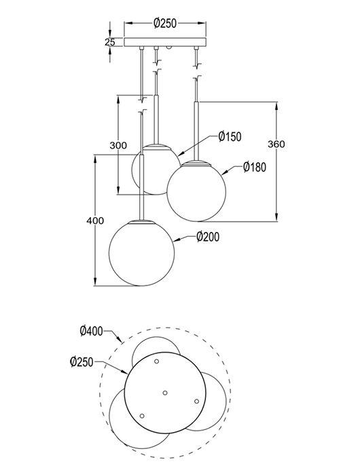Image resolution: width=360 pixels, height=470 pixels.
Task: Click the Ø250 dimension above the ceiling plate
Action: (165, 23)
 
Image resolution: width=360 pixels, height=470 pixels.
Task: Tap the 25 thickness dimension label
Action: (110, 42)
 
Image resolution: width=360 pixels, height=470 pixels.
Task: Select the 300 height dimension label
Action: (118, 145)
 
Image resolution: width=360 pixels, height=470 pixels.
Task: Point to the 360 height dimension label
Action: (276, 144)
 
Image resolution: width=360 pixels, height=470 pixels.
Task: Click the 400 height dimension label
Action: (95, 220)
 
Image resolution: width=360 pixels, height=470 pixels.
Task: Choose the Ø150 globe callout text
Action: (230, 137)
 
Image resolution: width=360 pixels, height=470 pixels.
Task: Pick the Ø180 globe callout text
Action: (255, 167)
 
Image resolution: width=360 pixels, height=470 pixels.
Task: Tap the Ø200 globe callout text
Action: (208, 237)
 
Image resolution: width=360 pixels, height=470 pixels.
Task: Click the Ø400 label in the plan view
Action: (91, 331)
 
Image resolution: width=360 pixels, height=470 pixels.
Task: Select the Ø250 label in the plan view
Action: (82, 361)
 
